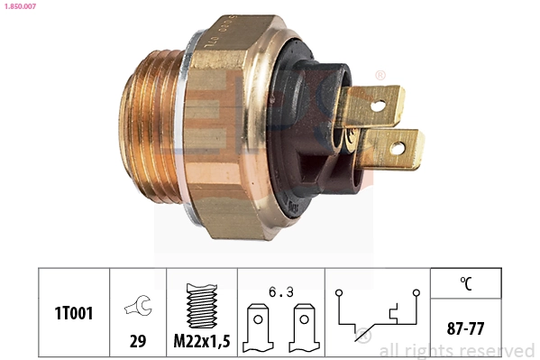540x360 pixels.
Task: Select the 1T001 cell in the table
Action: point(72,312)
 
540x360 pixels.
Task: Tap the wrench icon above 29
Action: point(138,306)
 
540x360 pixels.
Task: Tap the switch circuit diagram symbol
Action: point(377,315)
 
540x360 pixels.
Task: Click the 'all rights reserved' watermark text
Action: point(457,350)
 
